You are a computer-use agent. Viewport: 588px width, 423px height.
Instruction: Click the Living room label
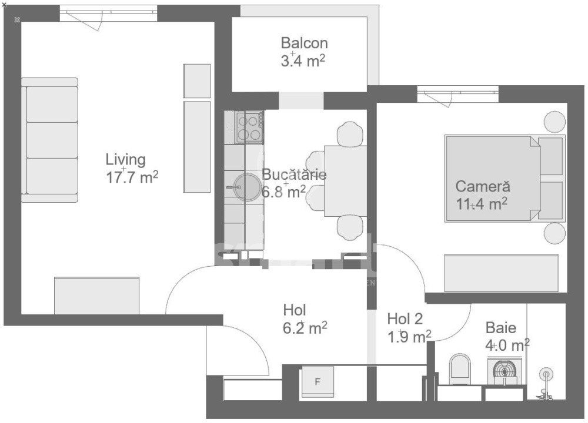pos(125,159)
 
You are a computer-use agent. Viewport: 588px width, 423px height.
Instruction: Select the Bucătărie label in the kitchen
pos(294,174)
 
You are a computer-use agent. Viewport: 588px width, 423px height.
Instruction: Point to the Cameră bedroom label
pos(483,187)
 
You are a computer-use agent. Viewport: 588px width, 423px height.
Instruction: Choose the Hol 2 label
pos(405,319)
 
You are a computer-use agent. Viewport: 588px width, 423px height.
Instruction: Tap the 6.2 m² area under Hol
pos(305,328)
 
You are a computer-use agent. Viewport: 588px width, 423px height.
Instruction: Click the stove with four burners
pos(249,127)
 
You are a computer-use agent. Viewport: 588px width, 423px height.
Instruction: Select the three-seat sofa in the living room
pos(50,140)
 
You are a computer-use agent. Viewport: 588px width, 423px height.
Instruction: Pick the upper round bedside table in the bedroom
pos(554,122)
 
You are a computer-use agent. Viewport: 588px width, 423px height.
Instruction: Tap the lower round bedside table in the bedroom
pos(554,233)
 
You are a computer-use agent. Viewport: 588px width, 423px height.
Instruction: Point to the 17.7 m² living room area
pos(132,178)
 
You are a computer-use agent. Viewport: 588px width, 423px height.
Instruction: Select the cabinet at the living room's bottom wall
pos(96,296)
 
